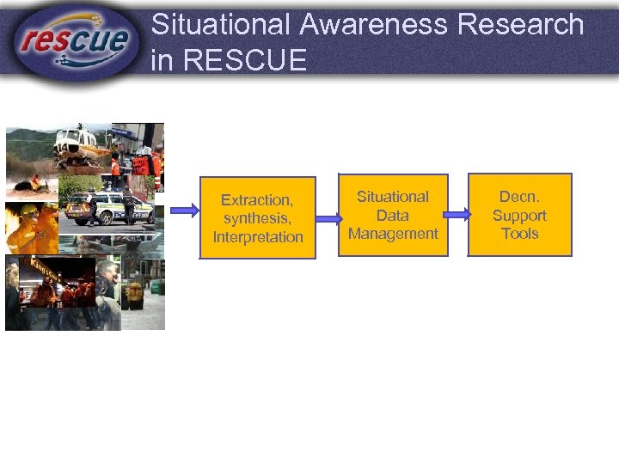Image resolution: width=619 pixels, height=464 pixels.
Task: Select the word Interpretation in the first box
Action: click(x=257, y=237)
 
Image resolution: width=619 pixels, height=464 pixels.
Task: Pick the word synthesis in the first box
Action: click(x=257, y=218)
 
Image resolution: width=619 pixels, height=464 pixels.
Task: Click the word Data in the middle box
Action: click(x=393, y=215)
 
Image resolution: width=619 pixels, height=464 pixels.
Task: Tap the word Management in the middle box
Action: click(x=393, y=234)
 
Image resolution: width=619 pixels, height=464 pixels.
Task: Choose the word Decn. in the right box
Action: click(x=519, y=196)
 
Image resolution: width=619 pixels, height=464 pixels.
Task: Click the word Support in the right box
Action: click(x=519, y=215)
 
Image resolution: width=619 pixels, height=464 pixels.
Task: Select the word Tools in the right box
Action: click(x=519, y=234)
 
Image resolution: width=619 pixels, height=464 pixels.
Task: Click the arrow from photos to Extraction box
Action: click(x=182, y=210)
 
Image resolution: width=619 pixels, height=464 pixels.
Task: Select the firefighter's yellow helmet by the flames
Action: click(x=28, y=211)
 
